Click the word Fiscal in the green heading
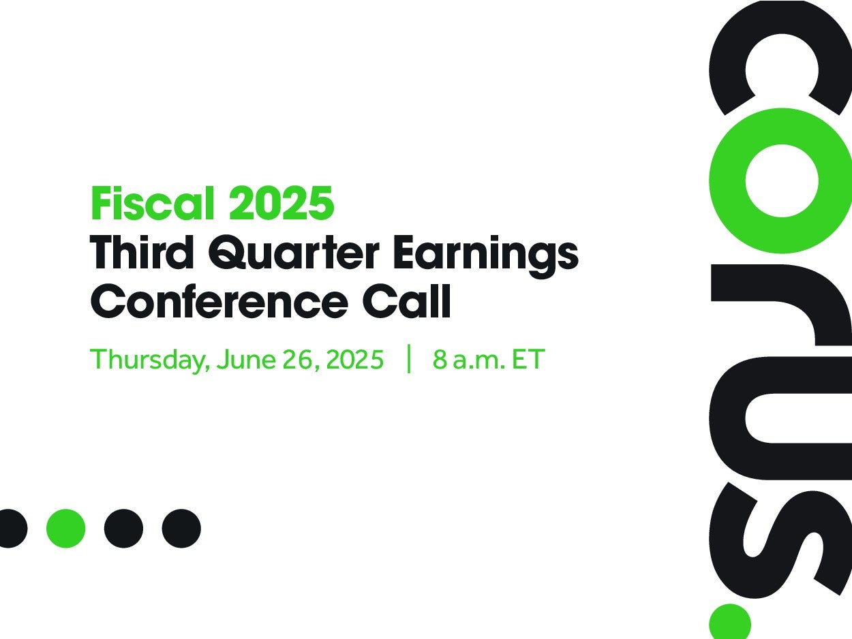pos(153,203)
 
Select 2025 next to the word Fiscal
pos(282,203)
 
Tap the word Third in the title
pos(142,252)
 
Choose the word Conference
pos(219,301)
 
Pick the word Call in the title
pos(407,301)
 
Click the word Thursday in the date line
pos(150,360)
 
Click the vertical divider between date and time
pos(409,358)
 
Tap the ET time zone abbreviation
pos(528,359)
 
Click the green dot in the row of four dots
pos(65,528)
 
